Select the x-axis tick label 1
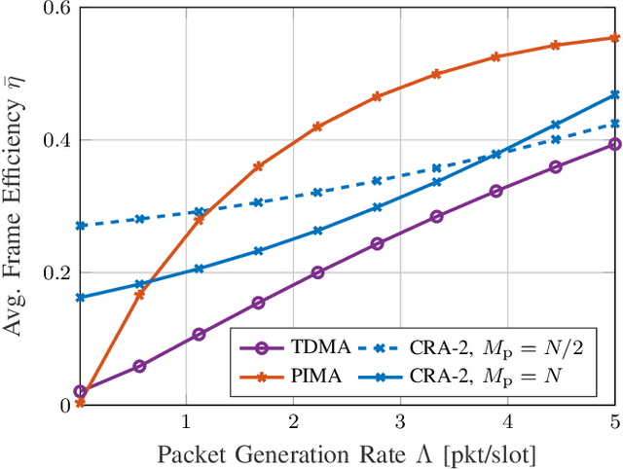[186, 423]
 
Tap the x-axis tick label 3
[400, 423]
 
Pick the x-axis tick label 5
[614, 423]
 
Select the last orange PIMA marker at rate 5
[614, 38]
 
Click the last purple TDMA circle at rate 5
[614, 144]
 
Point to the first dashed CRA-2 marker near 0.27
[81, 226]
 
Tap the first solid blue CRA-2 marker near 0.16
[81, 298]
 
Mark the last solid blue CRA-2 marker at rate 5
[614, 94]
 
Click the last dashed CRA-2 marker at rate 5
[614, 124]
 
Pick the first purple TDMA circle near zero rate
[80, 391]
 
